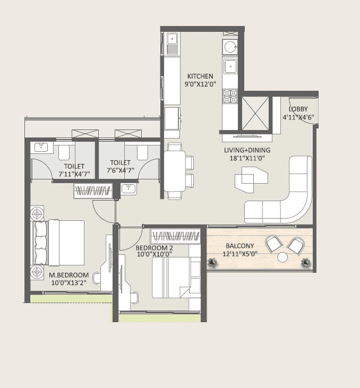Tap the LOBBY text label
(298, 109)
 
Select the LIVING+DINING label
(247, 150)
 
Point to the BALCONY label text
(239, 246)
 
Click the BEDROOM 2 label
(153, 248)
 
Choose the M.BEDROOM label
(68, 275)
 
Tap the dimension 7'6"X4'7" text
(122, 171)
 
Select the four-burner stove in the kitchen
(230, 97)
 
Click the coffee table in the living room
(250, 179)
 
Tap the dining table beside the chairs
(174, 171)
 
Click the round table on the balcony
(282, 257)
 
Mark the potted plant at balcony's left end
(213, 262)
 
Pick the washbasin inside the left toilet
(41, 147)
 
